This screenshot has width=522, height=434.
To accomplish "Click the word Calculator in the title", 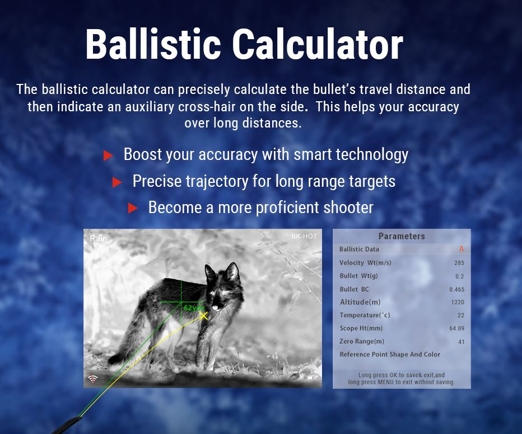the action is [318, 44].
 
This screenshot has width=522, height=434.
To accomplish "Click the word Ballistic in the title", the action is [153, 44].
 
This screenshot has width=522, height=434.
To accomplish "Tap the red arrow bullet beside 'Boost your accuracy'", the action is [108, 155].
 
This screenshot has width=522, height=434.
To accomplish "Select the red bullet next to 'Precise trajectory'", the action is [117, 182].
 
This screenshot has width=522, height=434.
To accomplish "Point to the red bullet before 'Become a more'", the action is [133, 208].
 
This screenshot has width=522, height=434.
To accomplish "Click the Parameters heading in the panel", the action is [402, 236].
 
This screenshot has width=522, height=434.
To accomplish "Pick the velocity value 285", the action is [459, 263].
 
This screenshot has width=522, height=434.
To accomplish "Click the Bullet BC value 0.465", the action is [457, 290].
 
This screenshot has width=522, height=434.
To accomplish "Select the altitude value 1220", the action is [458, 302].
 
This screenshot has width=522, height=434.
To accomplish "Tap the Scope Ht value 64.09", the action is [457, 328].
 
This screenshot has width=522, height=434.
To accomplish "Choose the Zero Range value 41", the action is [461, 342].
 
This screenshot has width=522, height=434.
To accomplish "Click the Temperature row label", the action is [365, 315].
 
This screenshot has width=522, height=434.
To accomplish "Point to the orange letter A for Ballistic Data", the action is [462, 249].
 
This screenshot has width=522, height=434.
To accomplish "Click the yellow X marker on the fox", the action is [204, 315].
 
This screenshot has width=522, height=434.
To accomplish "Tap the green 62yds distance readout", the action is [194, 308].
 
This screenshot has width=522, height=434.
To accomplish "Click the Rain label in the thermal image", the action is [99, 239].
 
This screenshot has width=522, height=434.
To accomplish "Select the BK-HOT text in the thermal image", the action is [304, 236].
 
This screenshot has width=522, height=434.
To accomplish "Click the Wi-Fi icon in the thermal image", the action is [93, 379].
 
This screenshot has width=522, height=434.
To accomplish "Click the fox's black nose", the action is [216, 307].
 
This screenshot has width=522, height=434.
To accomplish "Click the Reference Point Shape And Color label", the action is [390, 354].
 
